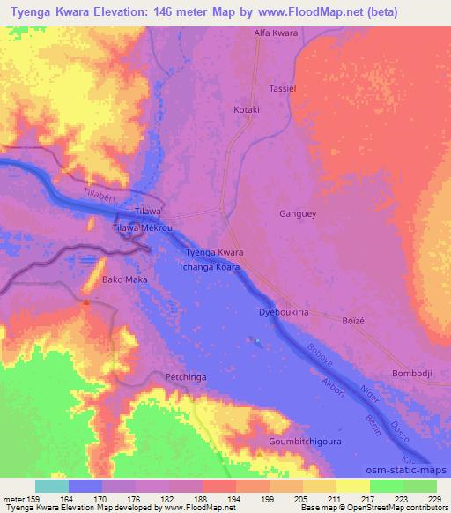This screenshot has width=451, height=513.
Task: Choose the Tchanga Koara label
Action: (x=209, y=266)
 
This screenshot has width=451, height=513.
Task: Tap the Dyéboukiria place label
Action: (x=282, y=312)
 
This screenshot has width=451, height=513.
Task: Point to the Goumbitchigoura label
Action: (x=306, y=440)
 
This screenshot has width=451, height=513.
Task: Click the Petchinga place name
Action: (x=186, y=377)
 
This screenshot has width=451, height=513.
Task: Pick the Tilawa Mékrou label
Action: (x=142, y=227)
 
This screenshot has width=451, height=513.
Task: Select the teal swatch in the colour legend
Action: (x=52, y=486)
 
